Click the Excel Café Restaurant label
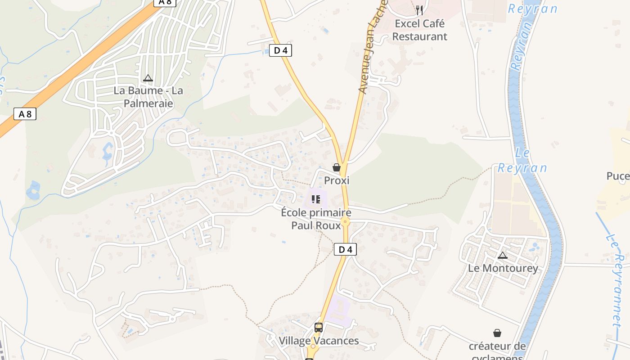coord(419,30)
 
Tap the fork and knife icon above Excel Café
coord(419,10)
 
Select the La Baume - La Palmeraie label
coord(148,97)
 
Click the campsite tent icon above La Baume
coord(148,78)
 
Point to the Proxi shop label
coord(337,180)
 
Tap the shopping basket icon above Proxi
coord(337,167)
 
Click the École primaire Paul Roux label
coord(316,218)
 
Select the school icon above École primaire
coord(316,199)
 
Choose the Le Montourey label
coord(503,269)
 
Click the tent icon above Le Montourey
coord(503,256)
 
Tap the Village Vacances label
coord(319,341)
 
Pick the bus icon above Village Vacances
coord(319,327)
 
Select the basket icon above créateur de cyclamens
coord(497,333)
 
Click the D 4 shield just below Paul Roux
coord(345,249)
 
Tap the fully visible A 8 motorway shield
coord(25,114)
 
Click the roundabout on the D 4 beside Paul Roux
coord(345,221)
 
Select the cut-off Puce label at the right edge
coord(618,176)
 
